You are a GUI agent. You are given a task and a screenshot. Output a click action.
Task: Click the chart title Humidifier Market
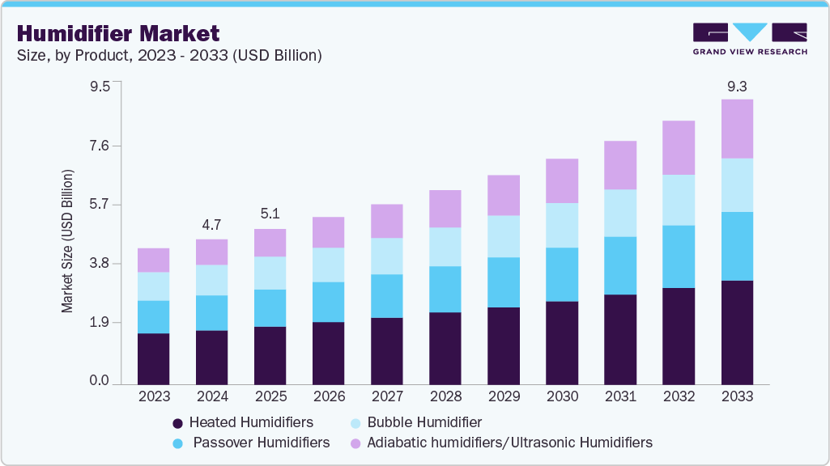click(x=118, y=33)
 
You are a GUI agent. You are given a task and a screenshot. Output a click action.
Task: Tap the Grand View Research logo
click(x=749, y=39)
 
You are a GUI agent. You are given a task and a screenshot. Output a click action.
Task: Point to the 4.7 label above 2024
click(x=211, y=224)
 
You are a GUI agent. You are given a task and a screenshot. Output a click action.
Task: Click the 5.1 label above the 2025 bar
click(x=270, y=214)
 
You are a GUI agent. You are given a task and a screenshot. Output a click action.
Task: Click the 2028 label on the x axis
click(x=445, y=396)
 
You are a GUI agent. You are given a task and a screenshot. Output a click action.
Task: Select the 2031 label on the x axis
click(x=620, y=396)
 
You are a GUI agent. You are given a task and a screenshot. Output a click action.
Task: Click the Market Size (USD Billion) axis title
click(x=68, y=242)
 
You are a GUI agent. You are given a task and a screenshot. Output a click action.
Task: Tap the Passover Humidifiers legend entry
click(x=261, y=443)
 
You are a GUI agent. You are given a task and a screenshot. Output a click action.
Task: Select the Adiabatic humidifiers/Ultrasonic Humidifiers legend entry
click(x=509, y=443)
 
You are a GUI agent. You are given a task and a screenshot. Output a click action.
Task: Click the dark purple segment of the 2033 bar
click(x=737, y=332)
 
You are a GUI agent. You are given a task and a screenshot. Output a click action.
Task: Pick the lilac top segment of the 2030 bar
click(x=562, y=180)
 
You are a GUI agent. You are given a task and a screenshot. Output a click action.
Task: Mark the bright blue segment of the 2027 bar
click(x=386, y=295)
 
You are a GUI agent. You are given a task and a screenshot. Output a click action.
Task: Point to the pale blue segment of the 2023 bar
click(x=153, y=286)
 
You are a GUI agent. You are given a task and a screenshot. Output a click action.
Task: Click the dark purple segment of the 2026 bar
click(x=328, y=353)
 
